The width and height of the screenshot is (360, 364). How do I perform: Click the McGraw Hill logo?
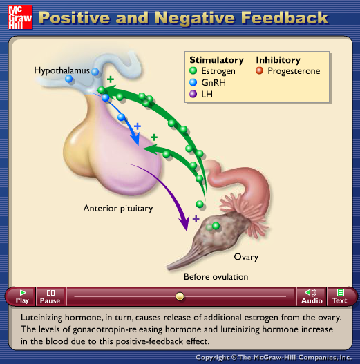(x=20, y=17)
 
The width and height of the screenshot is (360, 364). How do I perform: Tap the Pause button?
(x=50, y=296)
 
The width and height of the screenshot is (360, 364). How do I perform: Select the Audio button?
(x=312, y=296)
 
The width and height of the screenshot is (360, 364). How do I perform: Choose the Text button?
(x=339, y=296)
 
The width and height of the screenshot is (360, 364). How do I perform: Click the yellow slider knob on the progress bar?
(x=180, y=296)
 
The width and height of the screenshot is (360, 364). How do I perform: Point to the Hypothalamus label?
(x=61, y=70)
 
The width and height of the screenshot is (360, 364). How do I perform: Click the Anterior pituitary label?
(x=118, y=209)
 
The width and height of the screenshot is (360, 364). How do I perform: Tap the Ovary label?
(x=246, y=257)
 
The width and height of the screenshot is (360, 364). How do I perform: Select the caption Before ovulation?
(x=216, y=277)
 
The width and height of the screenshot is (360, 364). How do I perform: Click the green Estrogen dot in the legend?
(x=193, y=70)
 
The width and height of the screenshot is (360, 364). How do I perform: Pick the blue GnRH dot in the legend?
(x=193, y=82)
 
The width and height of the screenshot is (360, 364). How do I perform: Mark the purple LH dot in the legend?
(x=193, y=94)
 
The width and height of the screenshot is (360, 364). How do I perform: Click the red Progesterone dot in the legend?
(x=259, y=70)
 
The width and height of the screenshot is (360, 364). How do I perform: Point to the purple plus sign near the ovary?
(x=196, y=219)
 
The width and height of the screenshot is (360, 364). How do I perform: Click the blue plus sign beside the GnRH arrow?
(x=138, y=126)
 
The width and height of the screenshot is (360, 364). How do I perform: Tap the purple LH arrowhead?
(x=184, y=223)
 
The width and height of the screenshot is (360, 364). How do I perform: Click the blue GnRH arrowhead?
(x=135, y=139)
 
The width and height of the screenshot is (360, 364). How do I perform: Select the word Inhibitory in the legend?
(x=278, y=60)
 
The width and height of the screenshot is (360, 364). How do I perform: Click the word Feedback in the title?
(x=285, y=18)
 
